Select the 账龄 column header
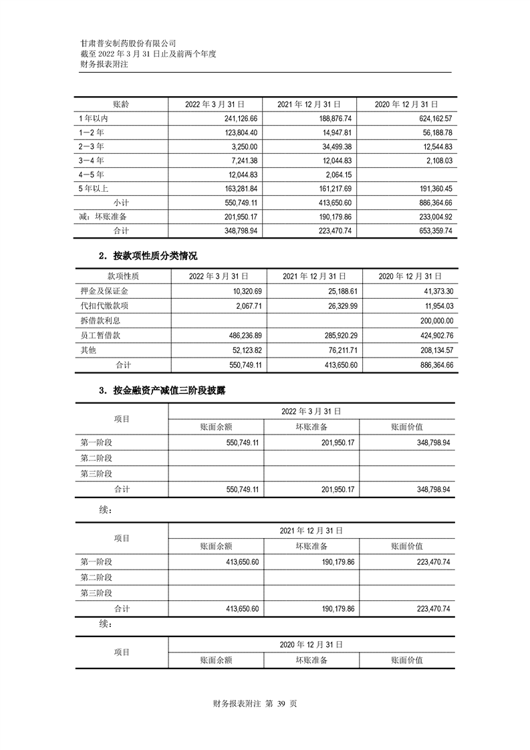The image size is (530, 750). pyautogui.click(x=121, y=104)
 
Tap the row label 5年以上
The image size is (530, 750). pyautogui.click(x=94, y=189)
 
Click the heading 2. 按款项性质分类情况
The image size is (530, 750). pyautogui.click(x=148, y=256)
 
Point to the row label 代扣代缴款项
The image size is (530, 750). pyautogui.click(x=104, y=305)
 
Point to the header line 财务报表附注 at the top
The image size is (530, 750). pyautogui.click(x=103, y=64)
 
